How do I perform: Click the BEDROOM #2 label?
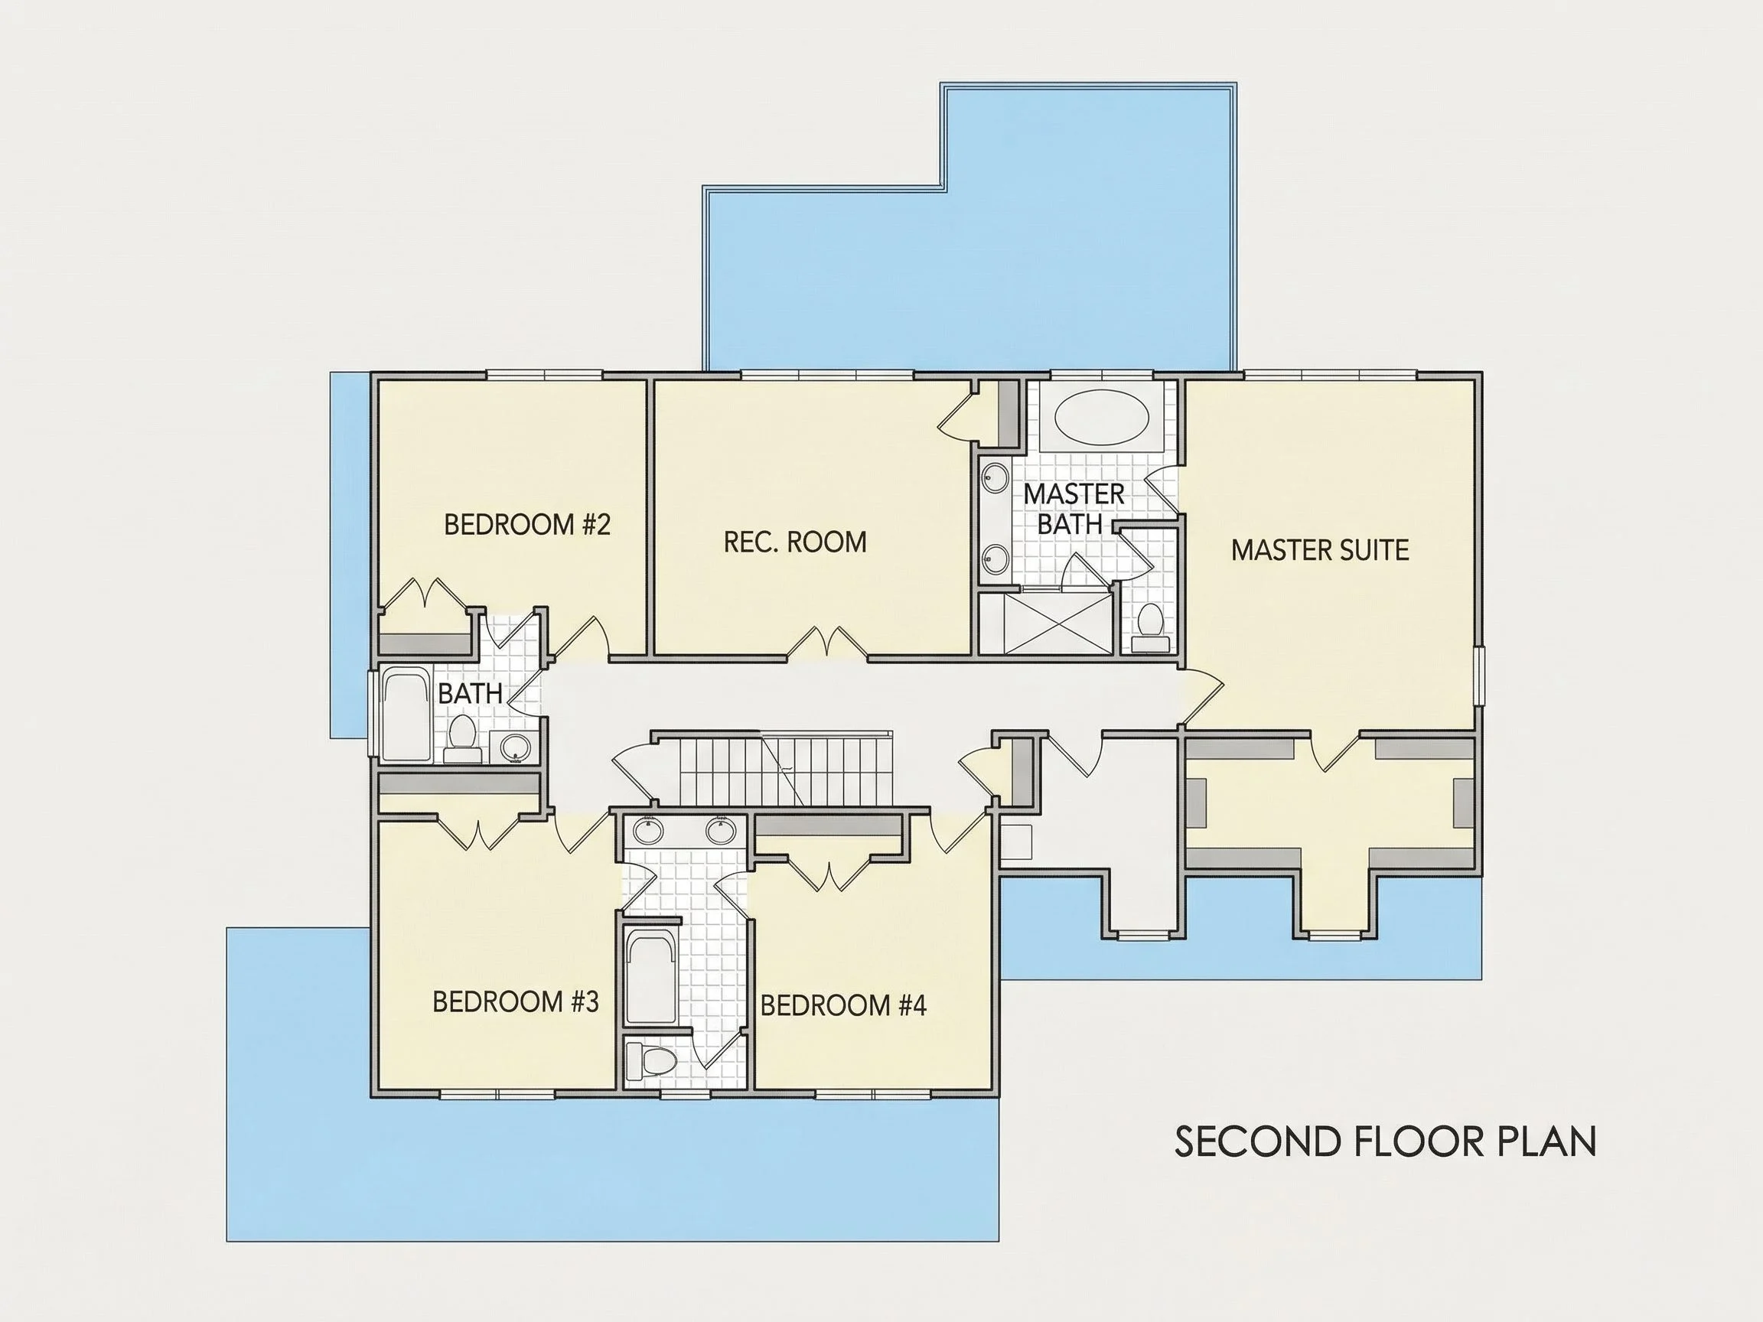[526, 524]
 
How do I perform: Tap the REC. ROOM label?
[794, 542]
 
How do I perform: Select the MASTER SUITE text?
[1320, 550]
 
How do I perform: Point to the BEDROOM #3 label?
[515, 1001]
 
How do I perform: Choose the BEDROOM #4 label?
[843, 1005]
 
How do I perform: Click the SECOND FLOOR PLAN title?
[1385, 1141]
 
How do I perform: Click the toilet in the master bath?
[1150, 620]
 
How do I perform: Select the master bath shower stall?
[1046, 624]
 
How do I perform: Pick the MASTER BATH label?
[1073, 510]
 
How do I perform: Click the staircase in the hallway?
[785, 770]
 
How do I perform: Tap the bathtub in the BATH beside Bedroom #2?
[406, 715]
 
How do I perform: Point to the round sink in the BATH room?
[515, 747]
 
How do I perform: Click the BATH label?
[471, 693]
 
